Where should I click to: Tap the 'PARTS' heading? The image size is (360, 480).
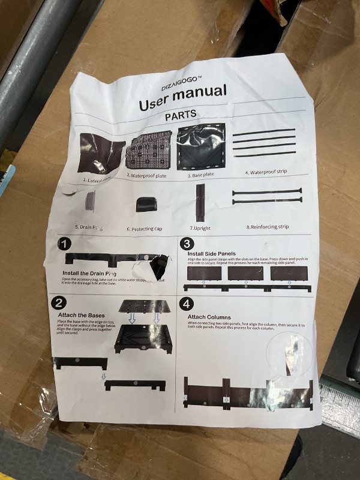(181, 115)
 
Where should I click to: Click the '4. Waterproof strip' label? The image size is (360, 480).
(266, 172)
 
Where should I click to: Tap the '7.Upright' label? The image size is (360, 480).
(200, 228)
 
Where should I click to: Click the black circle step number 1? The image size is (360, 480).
(65, 245)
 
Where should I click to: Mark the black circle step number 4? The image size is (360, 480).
(187, 303)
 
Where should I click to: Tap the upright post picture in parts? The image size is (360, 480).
(200, 202)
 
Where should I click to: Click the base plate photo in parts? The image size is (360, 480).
(201, 146)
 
